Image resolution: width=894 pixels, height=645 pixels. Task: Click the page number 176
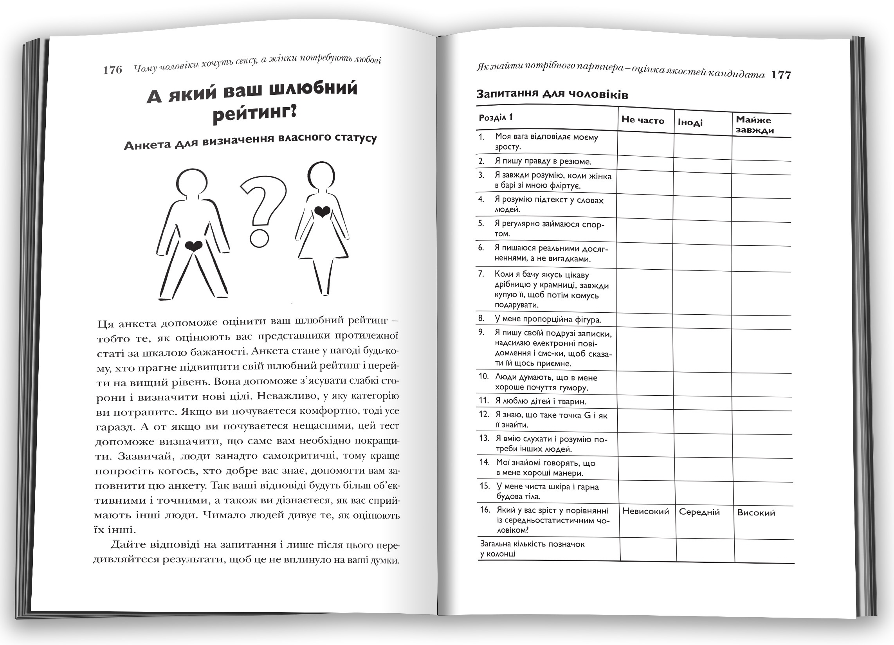coord(112,70)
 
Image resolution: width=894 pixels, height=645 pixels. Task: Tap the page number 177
coord(781,75)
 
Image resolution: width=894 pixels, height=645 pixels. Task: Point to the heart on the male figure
coord(193,246)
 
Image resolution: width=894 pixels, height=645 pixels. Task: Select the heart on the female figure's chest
coord(323,212)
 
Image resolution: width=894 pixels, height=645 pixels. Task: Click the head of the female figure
coord(321,175)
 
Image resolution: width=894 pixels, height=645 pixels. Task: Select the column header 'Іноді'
coord(690,123)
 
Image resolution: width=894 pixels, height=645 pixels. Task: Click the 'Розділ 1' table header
coord(496,117)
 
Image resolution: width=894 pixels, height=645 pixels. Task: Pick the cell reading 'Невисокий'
coord(646,512)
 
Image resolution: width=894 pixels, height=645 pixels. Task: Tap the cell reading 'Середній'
coord(699,512)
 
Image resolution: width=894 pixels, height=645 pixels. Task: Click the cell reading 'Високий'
coord(756,513)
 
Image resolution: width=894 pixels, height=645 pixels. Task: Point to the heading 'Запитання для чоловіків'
coord(552,95)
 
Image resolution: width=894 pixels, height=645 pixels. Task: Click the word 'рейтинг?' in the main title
coord(254,114)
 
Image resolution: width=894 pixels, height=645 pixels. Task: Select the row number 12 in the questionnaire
coord(484,414)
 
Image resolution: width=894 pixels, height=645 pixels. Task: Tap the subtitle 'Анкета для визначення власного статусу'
coord(250,142)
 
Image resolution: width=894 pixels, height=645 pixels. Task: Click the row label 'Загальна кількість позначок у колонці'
coord(532,549)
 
